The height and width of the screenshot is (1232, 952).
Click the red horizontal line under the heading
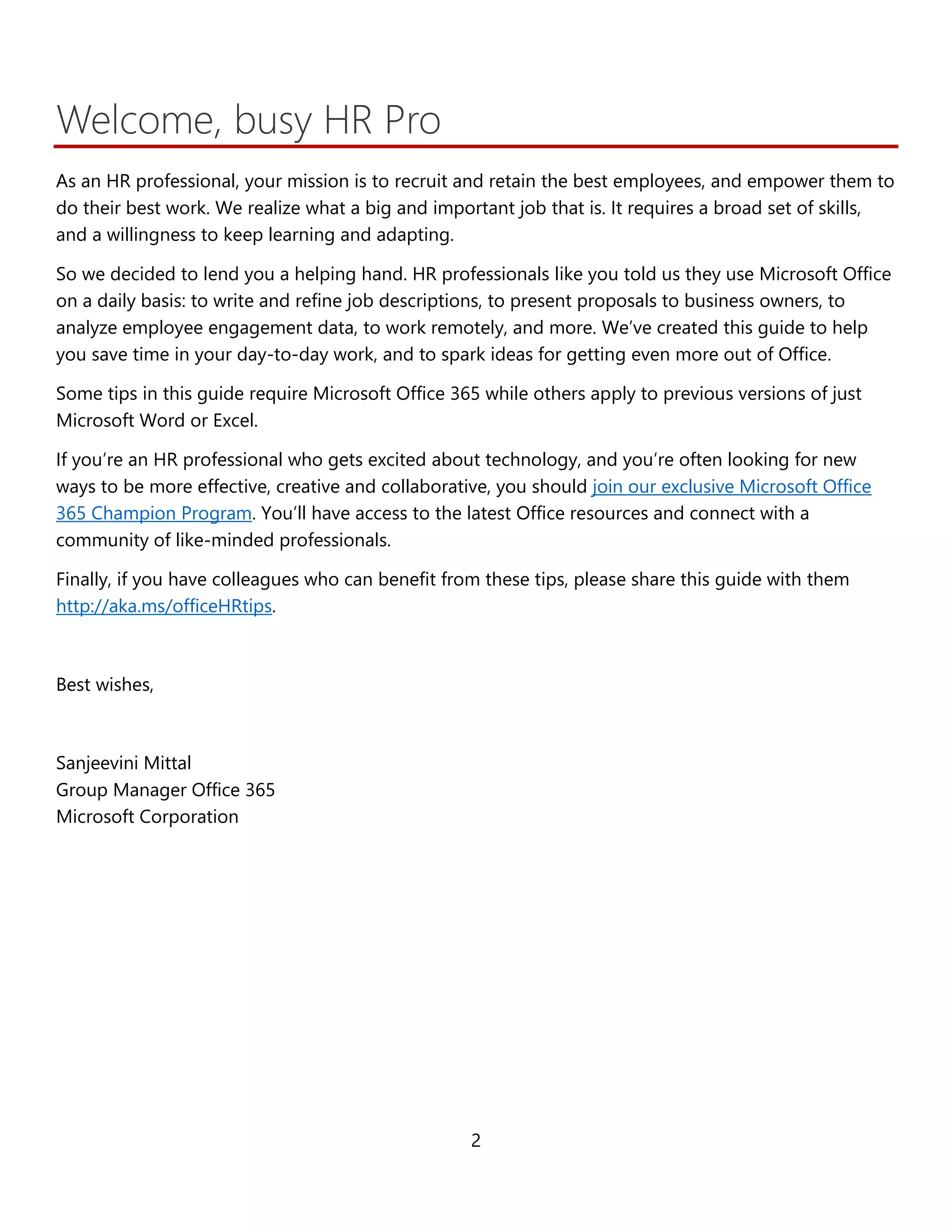476,146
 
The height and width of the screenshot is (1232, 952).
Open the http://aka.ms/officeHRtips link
164,606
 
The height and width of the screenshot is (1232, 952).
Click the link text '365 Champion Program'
153,513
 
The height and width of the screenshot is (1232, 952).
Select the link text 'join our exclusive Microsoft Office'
731,486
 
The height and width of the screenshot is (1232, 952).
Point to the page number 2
476,1140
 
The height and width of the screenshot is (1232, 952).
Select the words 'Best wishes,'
105,685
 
